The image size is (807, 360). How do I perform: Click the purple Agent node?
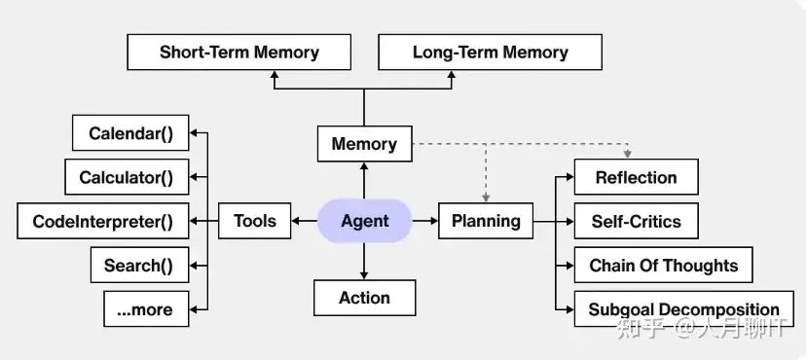coord(364,221)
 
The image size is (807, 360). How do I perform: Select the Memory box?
coord(364,144)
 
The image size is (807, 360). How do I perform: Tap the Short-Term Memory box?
coord(238,52)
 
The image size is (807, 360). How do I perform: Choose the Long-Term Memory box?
coord(490,52)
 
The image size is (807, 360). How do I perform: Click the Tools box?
coord(254,221)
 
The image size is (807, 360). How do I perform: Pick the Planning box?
coord(486,221)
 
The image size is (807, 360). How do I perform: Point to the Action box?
coord(364,298)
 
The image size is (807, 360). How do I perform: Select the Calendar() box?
coord(131,133)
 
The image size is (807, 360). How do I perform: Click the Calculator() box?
coord(126,177)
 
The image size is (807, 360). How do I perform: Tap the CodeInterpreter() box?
coord(102,221)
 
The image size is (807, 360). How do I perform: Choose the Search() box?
coord(138,265)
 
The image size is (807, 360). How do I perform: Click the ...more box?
coord(145,309)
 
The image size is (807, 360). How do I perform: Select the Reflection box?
coord(636,177)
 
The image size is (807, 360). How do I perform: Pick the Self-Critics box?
coord(636,221)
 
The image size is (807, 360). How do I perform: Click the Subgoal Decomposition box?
coord(683,309)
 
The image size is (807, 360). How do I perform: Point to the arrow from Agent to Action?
coord(364,261)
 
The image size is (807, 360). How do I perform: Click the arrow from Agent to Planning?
coord(424,221)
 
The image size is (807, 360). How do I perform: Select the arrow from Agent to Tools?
coord(304,221)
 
